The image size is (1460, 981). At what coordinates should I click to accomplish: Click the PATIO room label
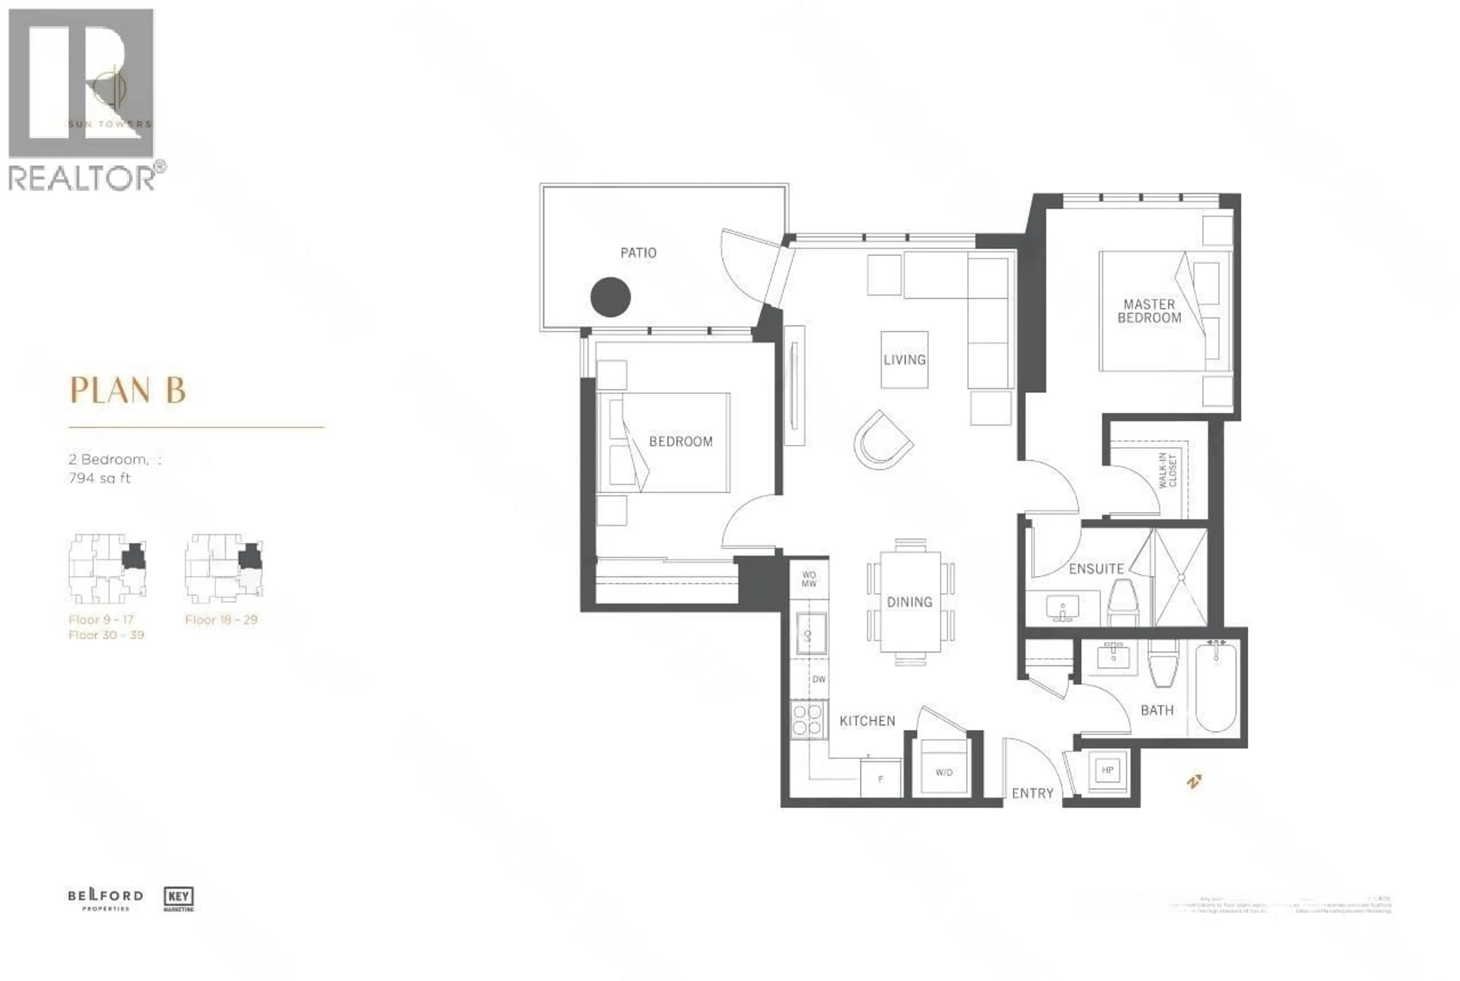tap(638, 253)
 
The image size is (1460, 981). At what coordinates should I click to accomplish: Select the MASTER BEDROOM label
tap(1149, 311)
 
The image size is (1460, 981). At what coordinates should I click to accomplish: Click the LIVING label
tap(905, 360)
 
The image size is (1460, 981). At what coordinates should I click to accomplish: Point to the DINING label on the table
tap(909, 602)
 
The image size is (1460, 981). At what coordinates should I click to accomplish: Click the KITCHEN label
tap(867, 721)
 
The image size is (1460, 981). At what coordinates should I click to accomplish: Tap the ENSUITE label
tap(1096, 569)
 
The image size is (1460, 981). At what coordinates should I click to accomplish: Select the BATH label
tap(1157, 710)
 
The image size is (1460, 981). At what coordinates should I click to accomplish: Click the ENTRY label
tap(1033, 793)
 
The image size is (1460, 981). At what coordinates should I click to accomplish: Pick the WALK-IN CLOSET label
tap(1167, 470)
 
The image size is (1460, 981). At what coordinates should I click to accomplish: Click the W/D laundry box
tap(944, 772)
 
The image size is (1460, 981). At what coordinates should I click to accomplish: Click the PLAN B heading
tap(128, 390)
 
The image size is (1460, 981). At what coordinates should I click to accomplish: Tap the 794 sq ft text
tap(100, 479)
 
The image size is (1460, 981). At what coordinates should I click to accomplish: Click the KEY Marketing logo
tap(178, 899)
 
